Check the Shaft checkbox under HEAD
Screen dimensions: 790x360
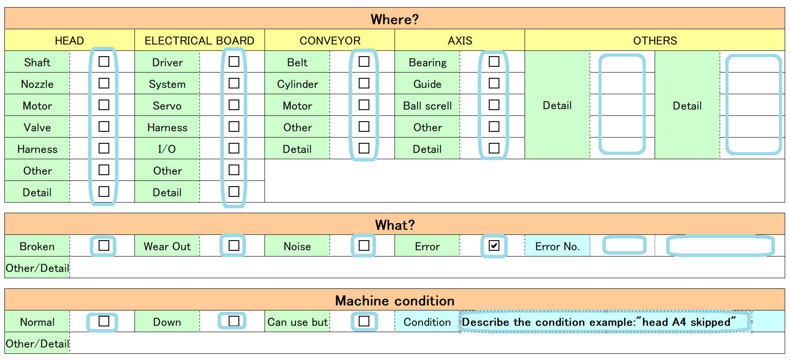[x=104, y=61]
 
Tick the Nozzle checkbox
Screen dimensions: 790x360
[x=104, y=83]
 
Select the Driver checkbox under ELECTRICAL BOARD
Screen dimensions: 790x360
[x=234, y=61]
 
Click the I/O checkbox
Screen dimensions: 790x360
[x=234, y=148]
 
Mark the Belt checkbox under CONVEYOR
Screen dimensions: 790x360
[x=364, y=61]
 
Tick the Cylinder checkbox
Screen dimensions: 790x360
[x=364, y=83]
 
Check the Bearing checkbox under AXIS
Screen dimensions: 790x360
[x=494, y=61]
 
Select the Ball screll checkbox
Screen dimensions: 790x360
[x=494, y=105]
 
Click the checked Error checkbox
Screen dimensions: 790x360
[x=494, y=245]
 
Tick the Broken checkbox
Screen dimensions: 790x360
[x=104, y=245]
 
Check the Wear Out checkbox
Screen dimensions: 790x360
[x=234, y=245]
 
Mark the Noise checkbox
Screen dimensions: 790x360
[x=364, y=245]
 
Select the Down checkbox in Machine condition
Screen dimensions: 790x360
[x=234, y=321]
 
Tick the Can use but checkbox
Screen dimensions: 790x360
[x=364, y=321]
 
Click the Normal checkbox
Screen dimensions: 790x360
[x=104, y=321]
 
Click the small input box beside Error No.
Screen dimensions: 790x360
[x=624, y=245]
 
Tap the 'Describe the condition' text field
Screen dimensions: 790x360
[x=606, y=322]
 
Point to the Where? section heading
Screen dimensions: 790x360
[x=395, y=19]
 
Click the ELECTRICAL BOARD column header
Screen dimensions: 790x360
[x=199, y=41]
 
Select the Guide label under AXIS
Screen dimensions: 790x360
[x=427, y=84]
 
